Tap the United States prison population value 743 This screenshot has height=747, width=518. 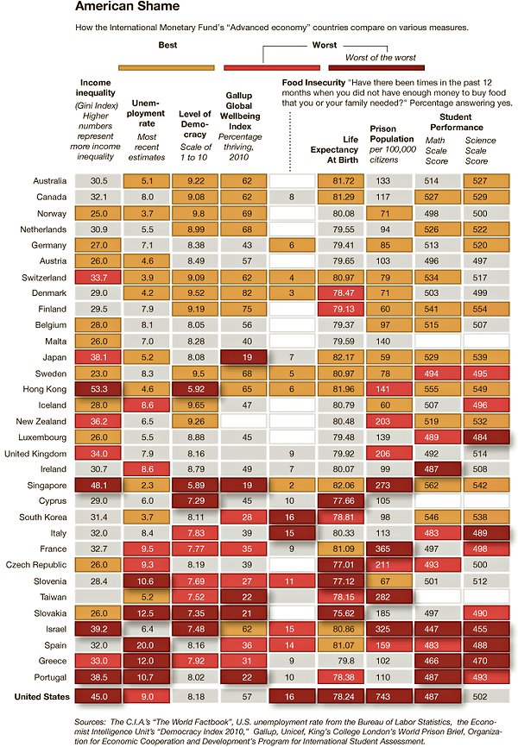point(383,696)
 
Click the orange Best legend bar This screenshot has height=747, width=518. point(167,66)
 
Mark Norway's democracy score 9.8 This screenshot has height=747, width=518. point(195,213)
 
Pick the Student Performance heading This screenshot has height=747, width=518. point(454,121)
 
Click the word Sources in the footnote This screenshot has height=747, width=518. point(92,719)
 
